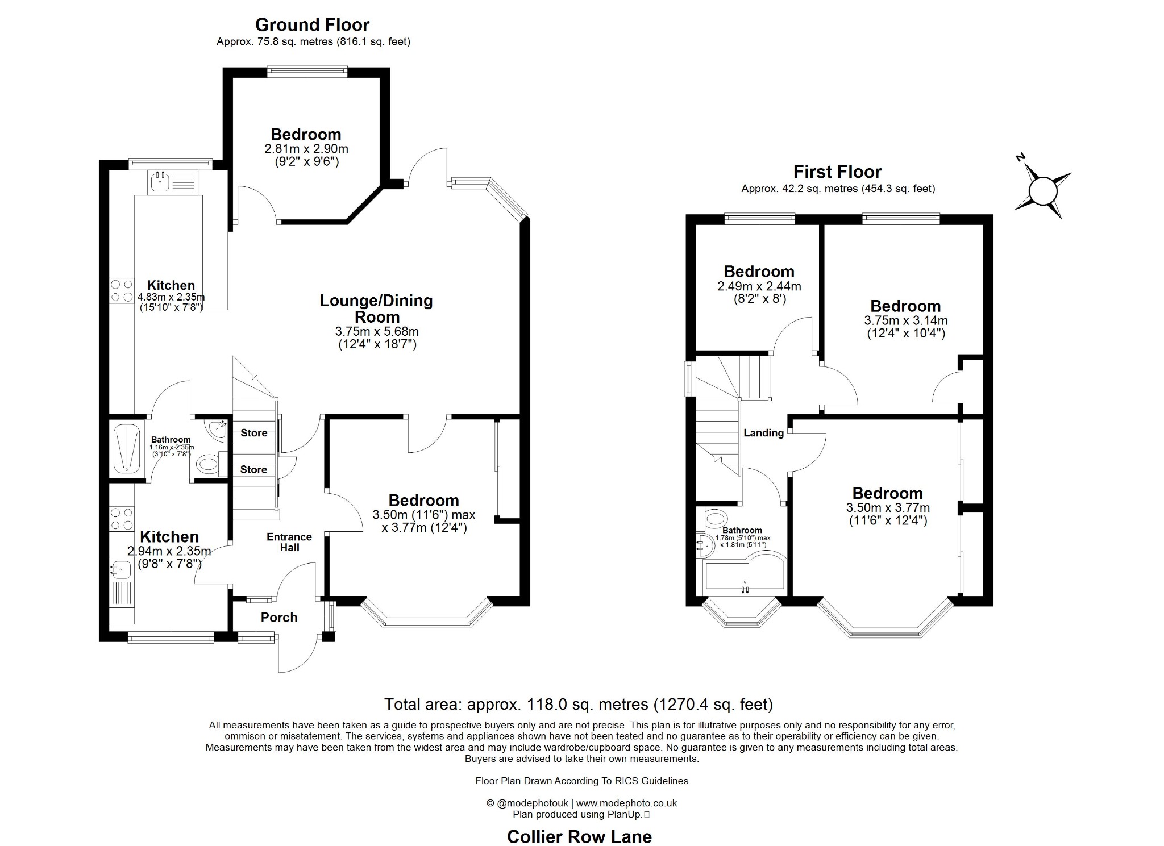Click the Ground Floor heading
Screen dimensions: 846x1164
tap(312, 25)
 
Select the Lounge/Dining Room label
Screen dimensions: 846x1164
tap(376, 309)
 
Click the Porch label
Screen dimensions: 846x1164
tap(279, 618)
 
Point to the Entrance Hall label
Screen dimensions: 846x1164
tap(289, 542)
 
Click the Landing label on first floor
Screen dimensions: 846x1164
tap(763, 433)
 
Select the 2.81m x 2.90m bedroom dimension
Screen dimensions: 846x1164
tap(306, 149)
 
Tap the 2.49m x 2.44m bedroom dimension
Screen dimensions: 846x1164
tap(759, 286)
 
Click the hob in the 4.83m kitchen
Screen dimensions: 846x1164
tap(122, 290)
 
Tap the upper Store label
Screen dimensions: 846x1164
tap(253, 433)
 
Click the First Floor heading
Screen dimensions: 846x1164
tap(837, 172)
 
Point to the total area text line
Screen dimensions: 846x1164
tap(579, 705)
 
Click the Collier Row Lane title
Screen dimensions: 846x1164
tap(579, 836)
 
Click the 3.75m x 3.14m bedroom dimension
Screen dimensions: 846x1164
tap(905, 320)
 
